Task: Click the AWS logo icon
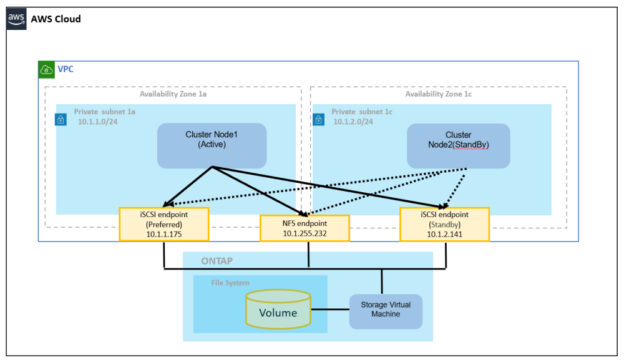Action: (17, 19)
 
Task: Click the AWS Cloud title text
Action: (56, 19)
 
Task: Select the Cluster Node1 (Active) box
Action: (212, 145)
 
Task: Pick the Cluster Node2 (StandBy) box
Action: (458, 145)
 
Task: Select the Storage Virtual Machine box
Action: (385, 311)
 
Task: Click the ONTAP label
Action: (218, 261)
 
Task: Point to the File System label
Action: (230, 283)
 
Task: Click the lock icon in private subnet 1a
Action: (61, 119)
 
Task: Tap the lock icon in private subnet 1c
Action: (318, 119)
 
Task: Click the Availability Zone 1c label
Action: (438, 94)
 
